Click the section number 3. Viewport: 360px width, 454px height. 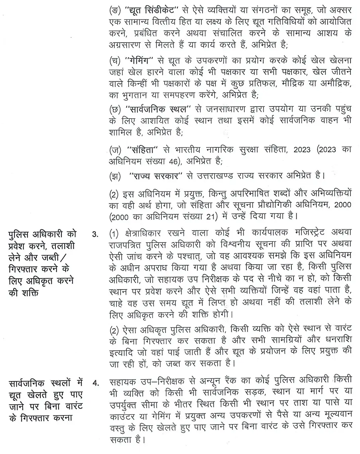coord(95,234)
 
